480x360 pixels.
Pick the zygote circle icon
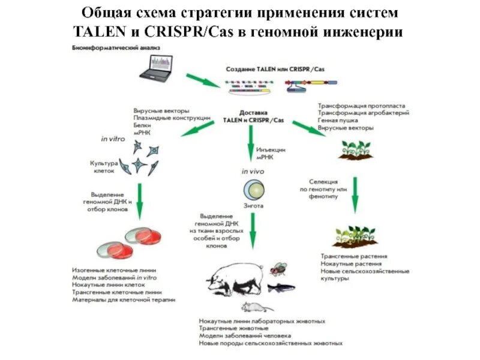(x=253, y=190)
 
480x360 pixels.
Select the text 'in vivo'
(x=253, y=172)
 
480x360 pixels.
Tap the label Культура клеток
(x=103, y=166)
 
